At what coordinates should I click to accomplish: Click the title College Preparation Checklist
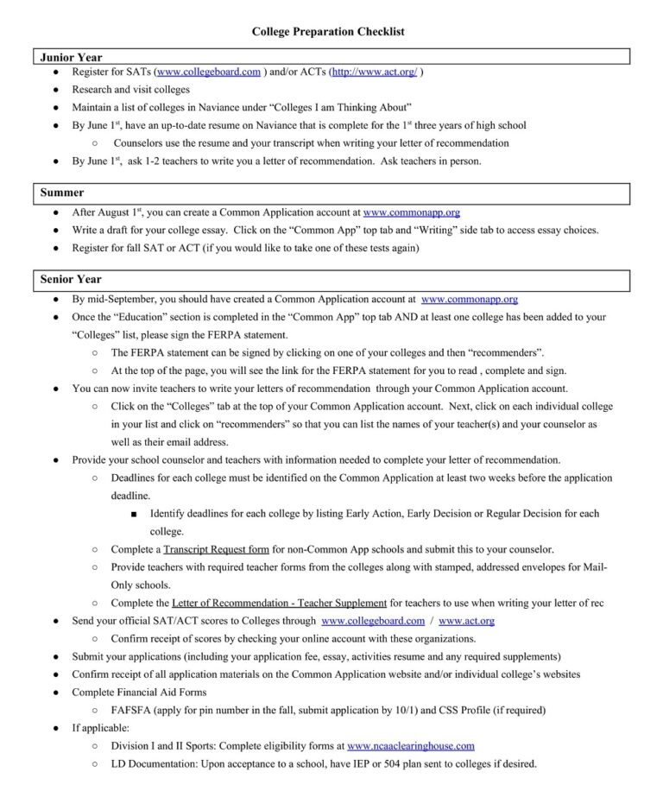328,32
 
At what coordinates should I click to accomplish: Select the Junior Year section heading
71,57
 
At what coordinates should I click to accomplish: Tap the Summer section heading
62,193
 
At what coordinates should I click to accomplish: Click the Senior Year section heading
71,280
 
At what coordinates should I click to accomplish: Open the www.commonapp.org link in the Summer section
411,212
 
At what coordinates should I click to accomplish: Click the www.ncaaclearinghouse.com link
411,745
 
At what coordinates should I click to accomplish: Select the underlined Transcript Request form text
216,549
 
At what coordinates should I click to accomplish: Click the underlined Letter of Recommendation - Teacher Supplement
280,603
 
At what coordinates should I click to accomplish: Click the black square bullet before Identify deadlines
135,515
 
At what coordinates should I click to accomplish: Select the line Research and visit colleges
130,90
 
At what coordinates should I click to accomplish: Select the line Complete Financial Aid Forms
139,692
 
